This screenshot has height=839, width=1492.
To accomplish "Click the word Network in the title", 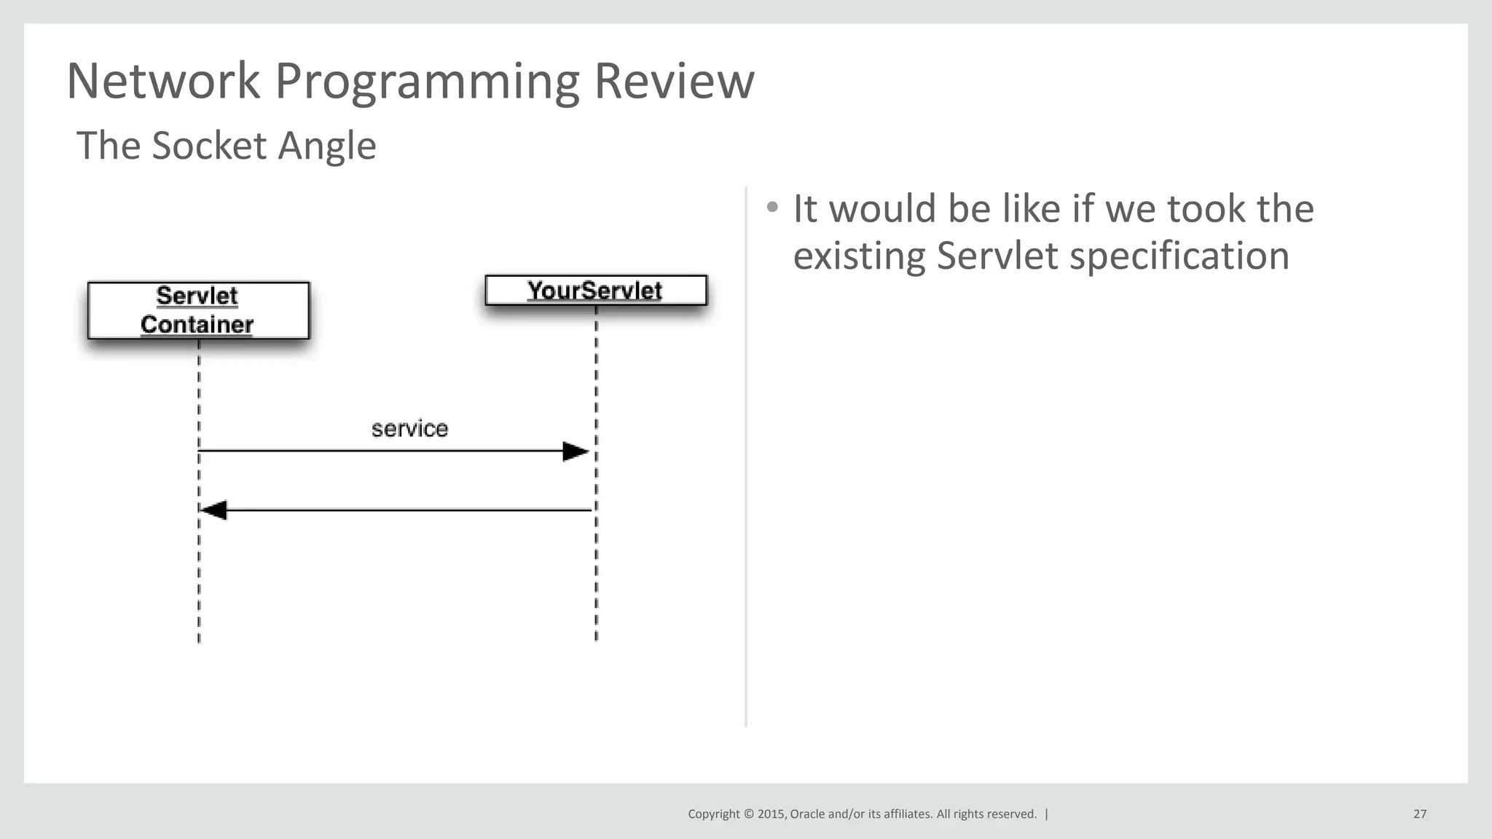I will click(x=162, y=81).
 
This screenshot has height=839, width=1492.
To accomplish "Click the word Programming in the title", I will click(x=427, y=82).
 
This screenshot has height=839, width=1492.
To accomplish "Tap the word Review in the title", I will click(x=674, y=81).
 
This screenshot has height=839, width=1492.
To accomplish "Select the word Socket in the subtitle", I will click(x=209, y=146).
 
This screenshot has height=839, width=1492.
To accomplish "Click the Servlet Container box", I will click(x=198, y=310).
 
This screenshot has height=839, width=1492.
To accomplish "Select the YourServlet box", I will click(x=595, y=290).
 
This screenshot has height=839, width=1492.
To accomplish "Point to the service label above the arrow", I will click(x=409, y=428).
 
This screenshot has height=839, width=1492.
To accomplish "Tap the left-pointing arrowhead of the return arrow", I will click(x=213, y=511).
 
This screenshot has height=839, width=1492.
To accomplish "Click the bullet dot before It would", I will click(x=772, y=208).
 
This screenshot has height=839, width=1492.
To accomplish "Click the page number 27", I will click(x=1420, y=814).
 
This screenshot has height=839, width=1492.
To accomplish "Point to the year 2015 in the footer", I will click(x=771, y=814).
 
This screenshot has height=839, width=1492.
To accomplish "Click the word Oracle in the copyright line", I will click(x=807, y=814).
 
